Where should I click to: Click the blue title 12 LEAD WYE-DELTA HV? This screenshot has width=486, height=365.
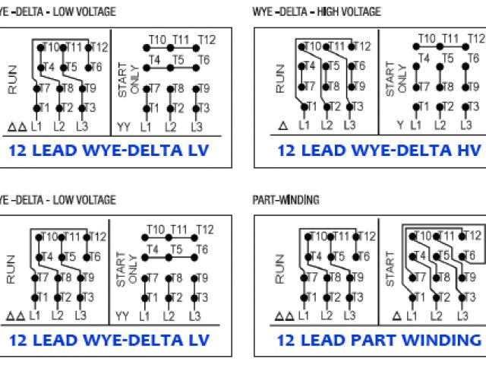378,151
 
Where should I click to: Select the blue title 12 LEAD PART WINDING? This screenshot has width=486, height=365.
378,339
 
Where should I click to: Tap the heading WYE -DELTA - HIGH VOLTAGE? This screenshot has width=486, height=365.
317,12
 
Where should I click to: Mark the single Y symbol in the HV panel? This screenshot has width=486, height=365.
399,125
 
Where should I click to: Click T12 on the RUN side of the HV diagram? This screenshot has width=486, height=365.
362,47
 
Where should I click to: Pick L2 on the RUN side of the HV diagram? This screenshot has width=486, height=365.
327,125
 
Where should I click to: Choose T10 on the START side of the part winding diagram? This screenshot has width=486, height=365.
422,236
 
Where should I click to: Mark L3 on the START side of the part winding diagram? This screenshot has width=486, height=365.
461,315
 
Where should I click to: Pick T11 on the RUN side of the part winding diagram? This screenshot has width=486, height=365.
337,236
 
